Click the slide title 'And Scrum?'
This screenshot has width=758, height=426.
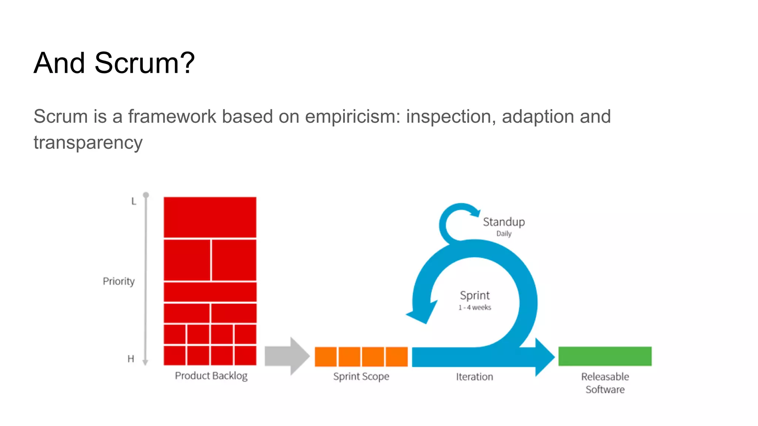pos(114,63)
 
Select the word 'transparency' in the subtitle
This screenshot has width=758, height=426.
pos(88,143)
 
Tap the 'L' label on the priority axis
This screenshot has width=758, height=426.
pos(134,202)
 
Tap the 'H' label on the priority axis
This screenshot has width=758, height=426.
pos(131,359)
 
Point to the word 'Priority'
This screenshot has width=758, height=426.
pos(118,281)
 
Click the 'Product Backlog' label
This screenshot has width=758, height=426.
pos(211,376)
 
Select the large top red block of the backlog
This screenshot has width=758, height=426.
pos(210,217)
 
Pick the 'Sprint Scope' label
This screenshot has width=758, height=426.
pos(361,376)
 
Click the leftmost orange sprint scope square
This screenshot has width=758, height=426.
pos(326,356)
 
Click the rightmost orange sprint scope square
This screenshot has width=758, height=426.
pos(396,356)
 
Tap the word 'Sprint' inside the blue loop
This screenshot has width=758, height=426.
pos(474,295)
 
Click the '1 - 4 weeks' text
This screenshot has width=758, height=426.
pos(474,308)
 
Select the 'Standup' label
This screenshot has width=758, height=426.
pos(504,222)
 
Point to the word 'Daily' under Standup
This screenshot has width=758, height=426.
pos(504,234)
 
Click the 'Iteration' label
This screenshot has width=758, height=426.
pos(474,377)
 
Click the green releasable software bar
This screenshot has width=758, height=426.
pos(605,356)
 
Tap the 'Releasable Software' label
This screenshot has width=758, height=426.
pos(605,383)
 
